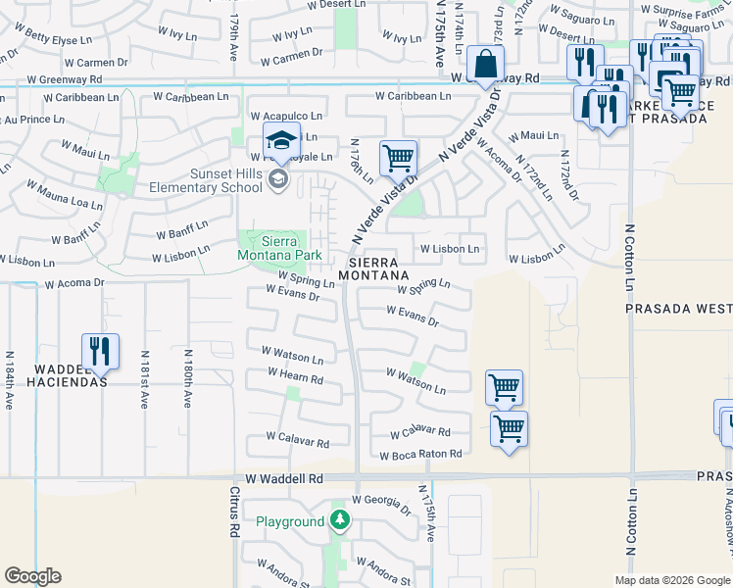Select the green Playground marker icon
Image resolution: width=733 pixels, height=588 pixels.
[339, 520]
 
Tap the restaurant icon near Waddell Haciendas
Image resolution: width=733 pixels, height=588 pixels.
[100, 351]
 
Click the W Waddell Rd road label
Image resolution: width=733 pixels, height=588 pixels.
[284, 478]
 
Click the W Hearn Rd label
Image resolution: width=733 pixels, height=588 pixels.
[295, 376]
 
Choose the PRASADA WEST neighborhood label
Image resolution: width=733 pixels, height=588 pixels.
[679, 308]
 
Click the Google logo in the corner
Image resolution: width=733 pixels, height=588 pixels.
[33, 576]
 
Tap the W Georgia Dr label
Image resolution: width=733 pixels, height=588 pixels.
[376, 504]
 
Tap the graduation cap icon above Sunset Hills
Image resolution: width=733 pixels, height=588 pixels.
[281, 141]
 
